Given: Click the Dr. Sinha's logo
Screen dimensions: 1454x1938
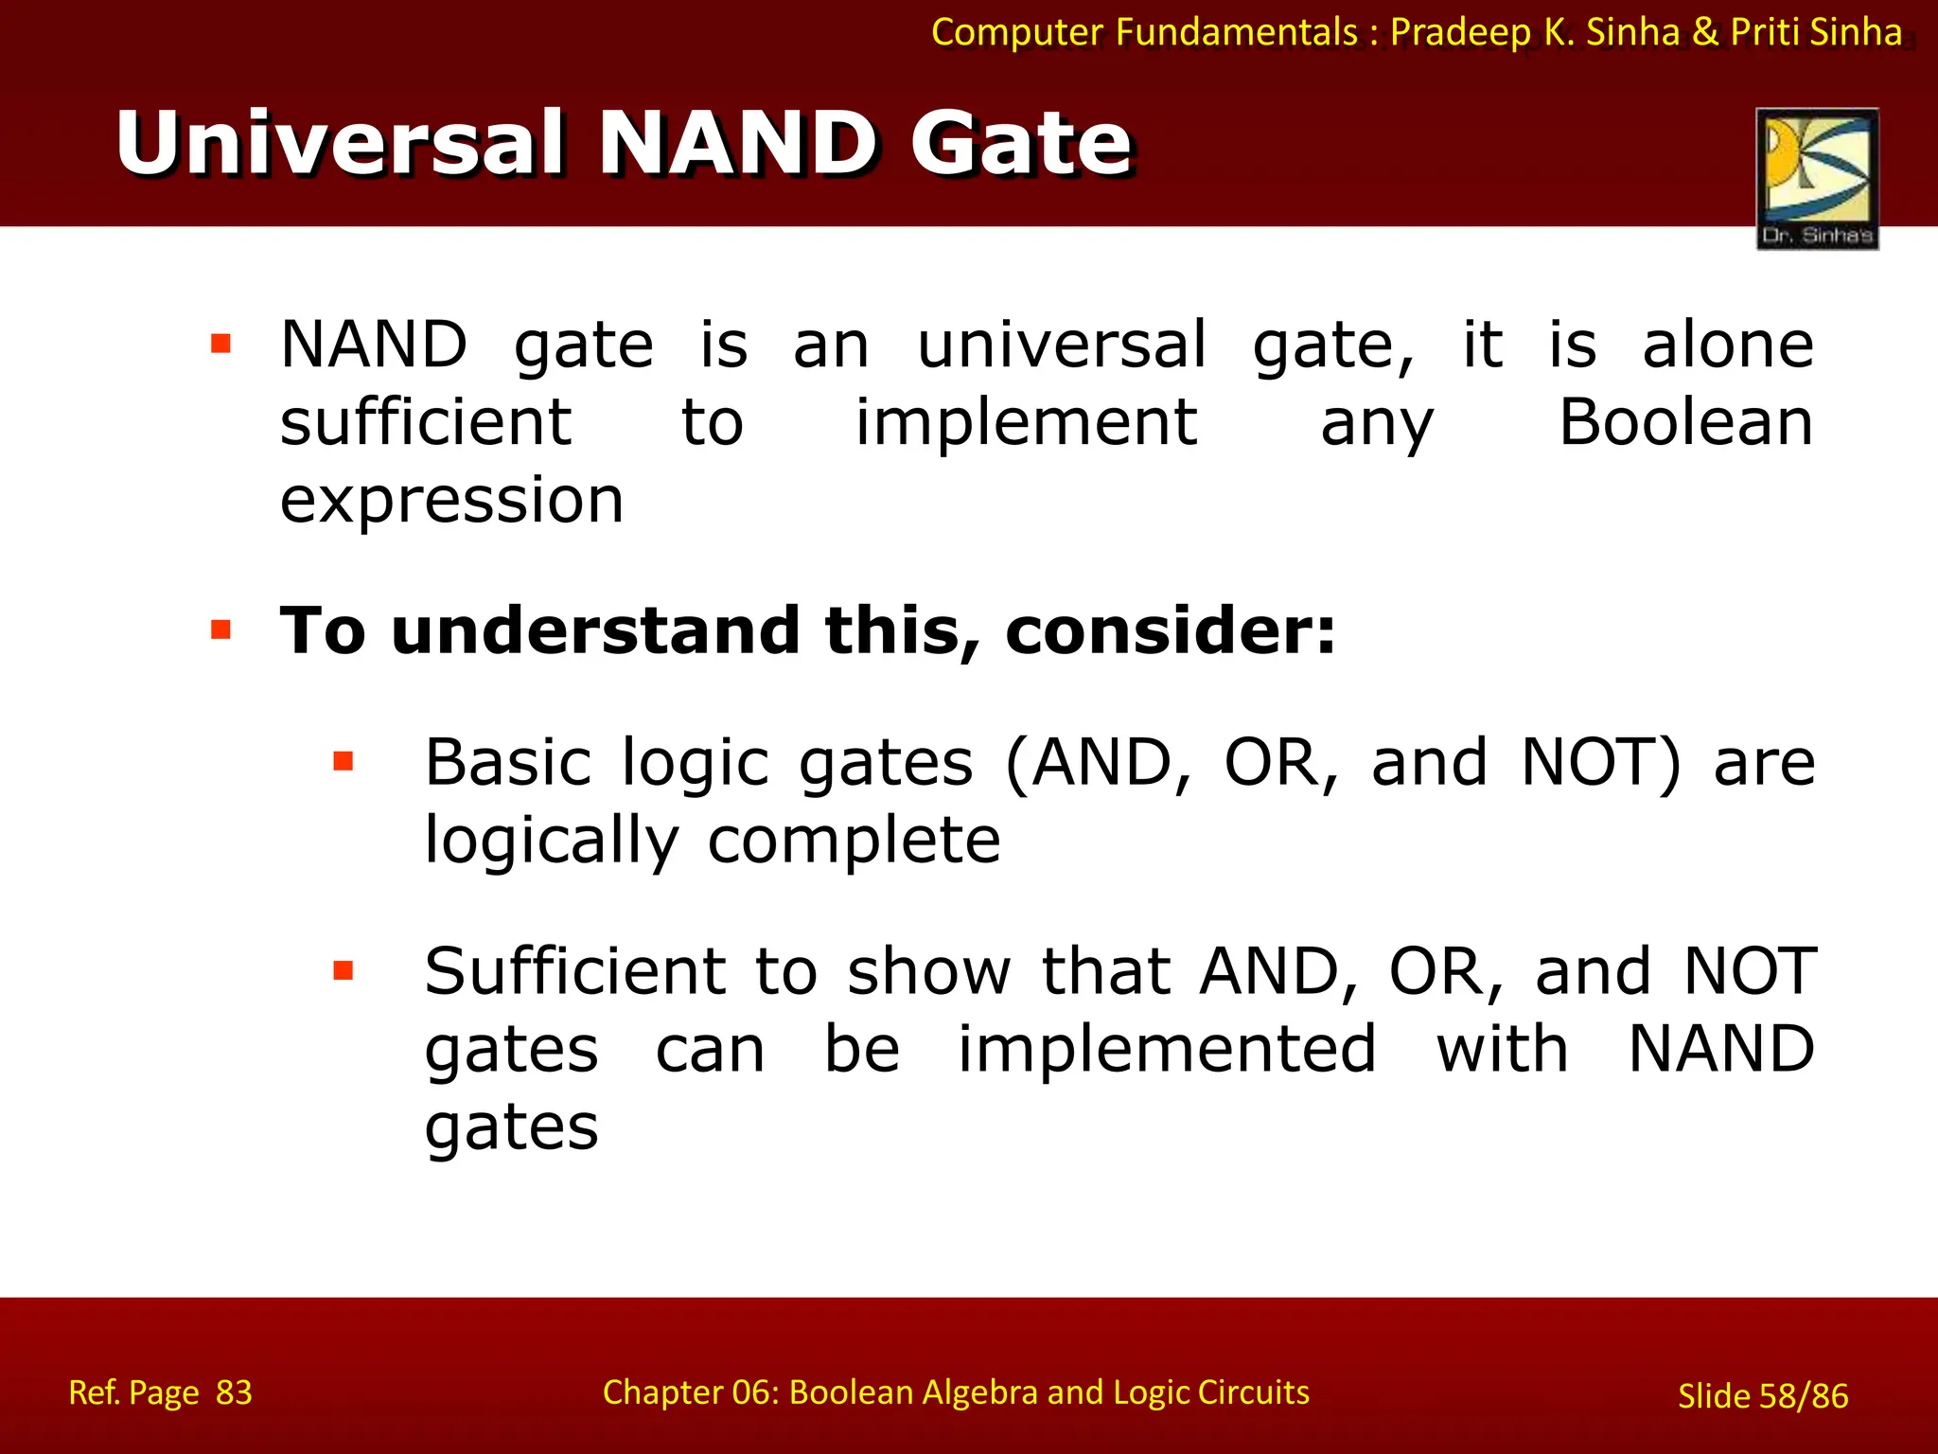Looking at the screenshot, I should click(1817, 178).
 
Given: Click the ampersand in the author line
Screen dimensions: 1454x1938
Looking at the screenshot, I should click(1705, 33).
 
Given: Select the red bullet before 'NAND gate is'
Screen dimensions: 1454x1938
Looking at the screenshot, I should click(221, 343).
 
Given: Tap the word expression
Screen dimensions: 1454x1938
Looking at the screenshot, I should click(451, 501).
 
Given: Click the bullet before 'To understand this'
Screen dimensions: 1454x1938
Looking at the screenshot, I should click(221, 629).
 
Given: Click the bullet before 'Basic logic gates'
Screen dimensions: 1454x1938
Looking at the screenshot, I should click(344, 761).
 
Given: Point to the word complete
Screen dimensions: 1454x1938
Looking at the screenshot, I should click(854, 841).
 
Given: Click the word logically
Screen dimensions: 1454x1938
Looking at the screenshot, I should click(552, 841).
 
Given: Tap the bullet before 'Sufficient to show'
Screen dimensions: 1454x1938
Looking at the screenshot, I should click(344, 970).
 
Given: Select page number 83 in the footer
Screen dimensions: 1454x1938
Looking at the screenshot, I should click(234, 1392).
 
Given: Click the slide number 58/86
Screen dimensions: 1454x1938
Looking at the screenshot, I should click(1803, 1396).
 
